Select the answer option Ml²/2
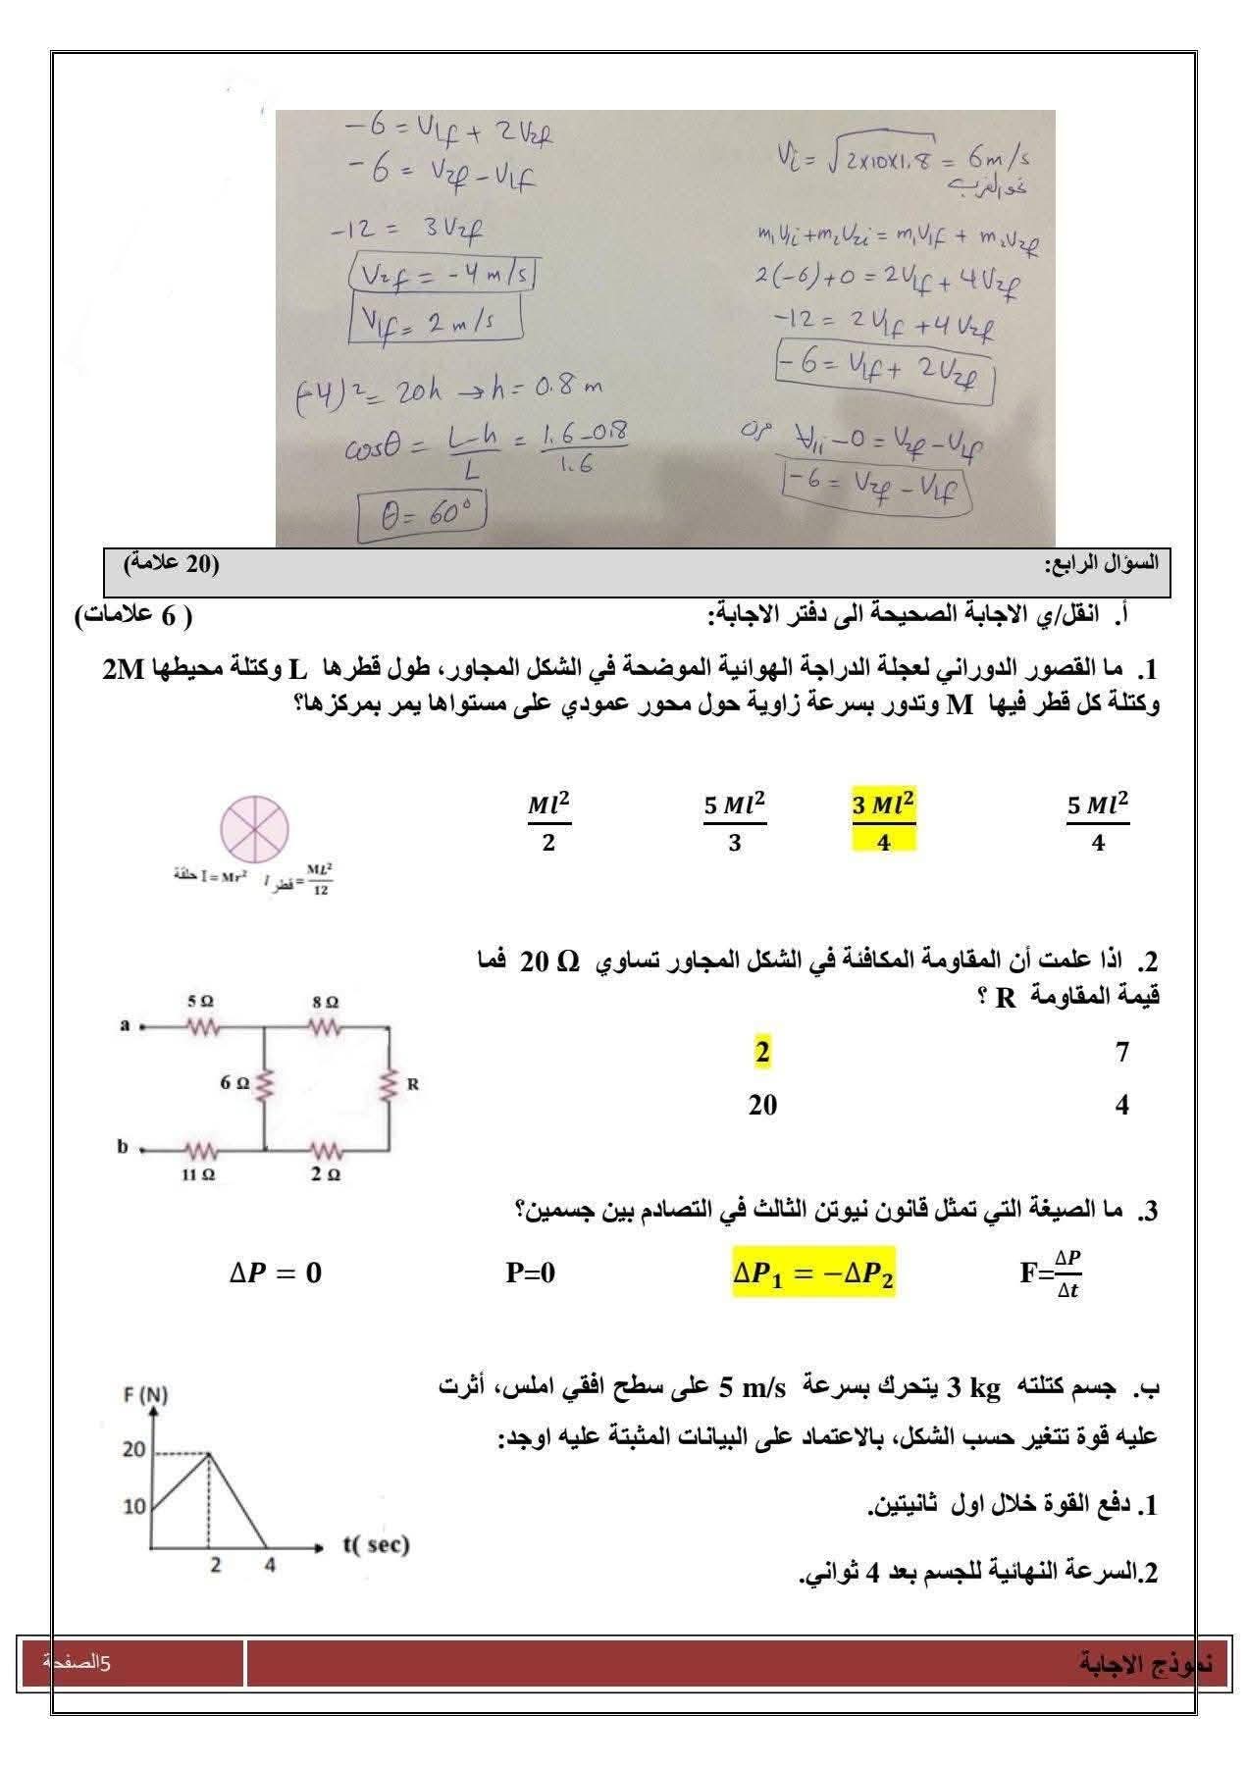548,822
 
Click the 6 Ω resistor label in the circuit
235,1082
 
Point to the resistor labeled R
391,1085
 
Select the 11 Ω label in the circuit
197,1173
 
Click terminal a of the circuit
126,1026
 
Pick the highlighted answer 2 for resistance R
762,1052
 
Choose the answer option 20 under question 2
762,1106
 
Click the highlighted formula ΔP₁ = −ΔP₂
813,1273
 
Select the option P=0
530,1273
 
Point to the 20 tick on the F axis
134,1450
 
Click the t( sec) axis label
376,1544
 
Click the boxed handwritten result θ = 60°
422,517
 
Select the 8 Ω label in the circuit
326,1003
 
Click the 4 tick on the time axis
270,1565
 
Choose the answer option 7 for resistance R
1122,1052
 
